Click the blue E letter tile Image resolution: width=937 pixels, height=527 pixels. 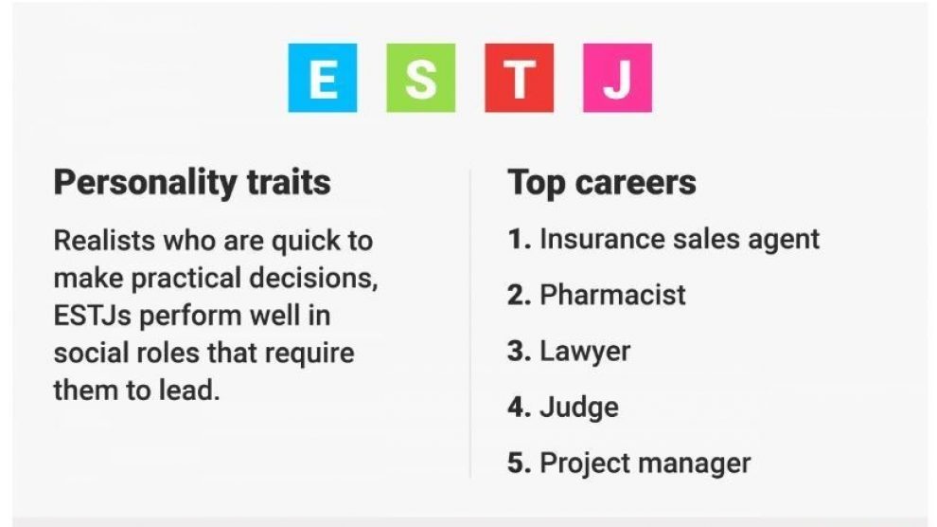[x=323, y=78]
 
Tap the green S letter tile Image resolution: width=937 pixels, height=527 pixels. [x=420, y=78]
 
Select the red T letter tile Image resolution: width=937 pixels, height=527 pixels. [x=520, y=78]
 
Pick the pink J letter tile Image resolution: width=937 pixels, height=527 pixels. [x=617, y=78]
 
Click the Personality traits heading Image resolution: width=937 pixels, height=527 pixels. [x=192, y=182]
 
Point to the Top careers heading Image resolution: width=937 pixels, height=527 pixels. [x=602, y=182]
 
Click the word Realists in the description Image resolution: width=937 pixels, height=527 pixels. [x=104, y=241]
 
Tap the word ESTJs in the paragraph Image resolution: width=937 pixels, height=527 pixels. [x=92, y=316]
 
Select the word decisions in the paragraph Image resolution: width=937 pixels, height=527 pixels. [x=313, y=278]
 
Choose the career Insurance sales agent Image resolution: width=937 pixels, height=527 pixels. [x=680, y=239]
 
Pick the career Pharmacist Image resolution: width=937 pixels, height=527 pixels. [x=612, y=295]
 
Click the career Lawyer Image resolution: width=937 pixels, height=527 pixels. [x=585, y=352]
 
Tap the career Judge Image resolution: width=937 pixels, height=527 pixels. [x=579, y=408]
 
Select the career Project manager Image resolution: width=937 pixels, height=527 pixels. [x=645, y=463]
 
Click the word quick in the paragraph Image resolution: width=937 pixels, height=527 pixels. [x=306, y=242]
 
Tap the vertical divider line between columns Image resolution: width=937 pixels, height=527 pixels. [x=470, y=323]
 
